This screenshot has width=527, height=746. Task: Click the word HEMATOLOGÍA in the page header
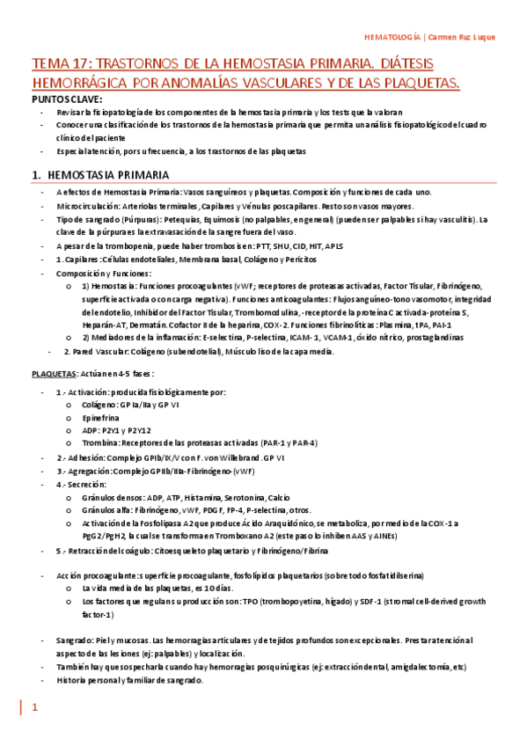tap(392, 37)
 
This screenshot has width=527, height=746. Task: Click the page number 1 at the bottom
tap(36, 707)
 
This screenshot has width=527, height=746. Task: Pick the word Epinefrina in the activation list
tap(99, 419)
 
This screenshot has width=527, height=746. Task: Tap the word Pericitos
tap(309, 260)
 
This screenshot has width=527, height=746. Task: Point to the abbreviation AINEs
tap(379, 536)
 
